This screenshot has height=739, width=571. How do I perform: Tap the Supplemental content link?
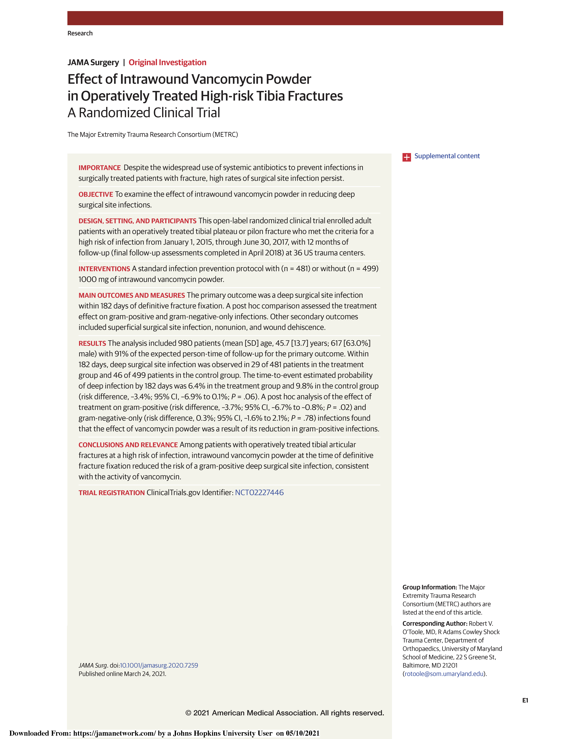point(447,156)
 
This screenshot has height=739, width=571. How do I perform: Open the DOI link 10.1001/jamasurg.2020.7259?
point(159,665)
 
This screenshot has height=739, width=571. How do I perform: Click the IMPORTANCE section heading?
point(99,168)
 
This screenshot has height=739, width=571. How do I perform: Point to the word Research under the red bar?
point(80,33)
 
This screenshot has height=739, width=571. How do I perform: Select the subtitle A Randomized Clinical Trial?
point(144,113)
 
